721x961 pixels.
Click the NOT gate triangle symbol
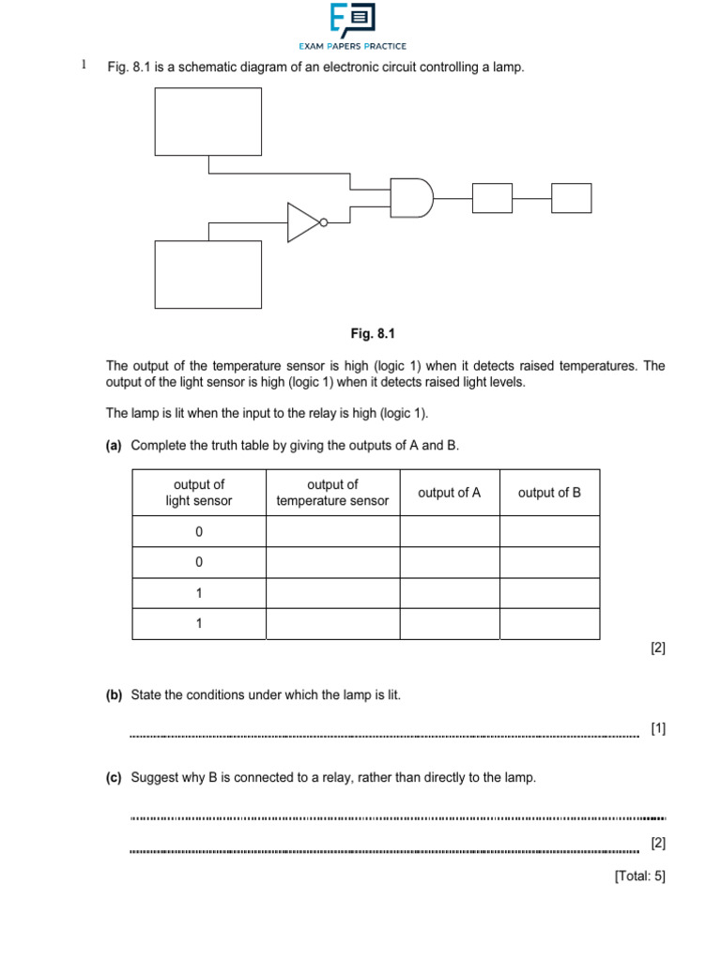point(303,222)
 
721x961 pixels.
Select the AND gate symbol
point(411,198)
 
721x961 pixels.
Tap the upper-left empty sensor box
point(207,121)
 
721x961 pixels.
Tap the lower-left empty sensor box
point(207,274)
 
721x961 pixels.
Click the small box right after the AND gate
point(492,198)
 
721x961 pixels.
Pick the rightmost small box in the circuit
point(572,198)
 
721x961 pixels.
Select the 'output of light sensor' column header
point(198,493)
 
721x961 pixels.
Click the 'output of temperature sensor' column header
point(332,493)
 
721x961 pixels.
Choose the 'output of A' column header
point(449,493)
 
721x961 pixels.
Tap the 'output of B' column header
point(549,493)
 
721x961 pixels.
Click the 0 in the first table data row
point(199,532)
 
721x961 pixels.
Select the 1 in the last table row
point(199,624)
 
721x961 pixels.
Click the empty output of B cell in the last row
point(549,624)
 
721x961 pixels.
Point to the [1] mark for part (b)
point(657,728)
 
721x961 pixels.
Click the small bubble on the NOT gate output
point(324,222)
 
